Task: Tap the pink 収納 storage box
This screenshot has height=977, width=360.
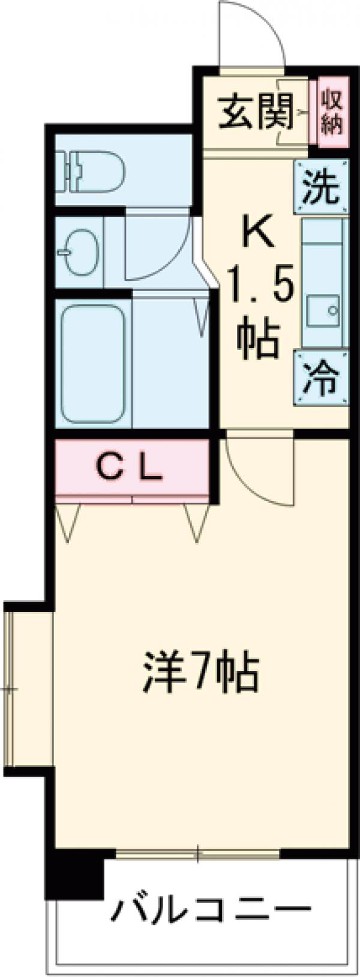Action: tap(331, 112)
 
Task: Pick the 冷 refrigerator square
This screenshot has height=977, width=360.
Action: tap(320, 379)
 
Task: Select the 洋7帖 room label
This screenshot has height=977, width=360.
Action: tap(201, 675)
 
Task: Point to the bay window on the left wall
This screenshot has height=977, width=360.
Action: tap(27, 690)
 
